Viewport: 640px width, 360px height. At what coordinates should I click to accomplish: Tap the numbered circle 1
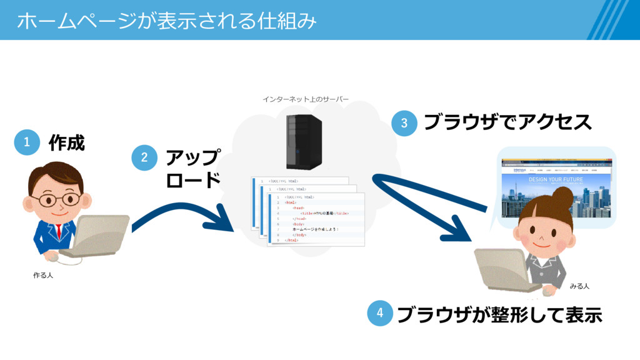[x=27, y=142]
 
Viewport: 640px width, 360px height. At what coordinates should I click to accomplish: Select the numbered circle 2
[x=144, y=157]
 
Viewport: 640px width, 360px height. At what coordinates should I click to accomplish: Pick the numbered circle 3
[x=404, y=123]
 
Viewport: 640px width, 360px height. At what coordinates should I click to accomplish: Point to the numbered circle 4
[x=379, y=314]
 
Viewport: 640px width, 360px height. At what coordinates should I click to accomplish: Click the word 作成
[x=66, y=143]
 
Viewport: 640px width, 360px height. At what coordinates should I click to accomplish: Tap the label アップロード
[x=193, y=169]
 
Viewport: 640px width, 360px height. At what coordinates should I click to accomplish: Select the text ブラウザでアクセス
[x=507, y=122]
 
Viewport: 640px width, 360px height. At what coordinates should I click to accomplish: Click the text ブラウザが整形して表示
[x=499, y=315]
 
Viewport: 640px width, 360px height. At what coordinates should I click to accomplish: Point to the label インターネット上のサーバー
[x=306, y=99]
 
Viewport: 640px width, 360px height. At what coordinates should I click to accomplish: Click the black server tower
[x=304, y=141]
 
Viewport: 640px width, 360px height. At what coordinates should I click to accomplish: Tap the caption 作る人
[x=43, y=275]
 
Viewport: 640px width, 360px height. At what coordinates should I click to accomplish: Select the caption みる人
[x=579, y=286]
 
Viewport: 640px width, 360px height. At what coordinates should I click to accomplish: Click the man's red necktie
[x=59, y=231]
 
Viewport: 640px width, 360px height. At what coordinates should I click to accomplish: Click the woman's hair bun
[x=562, y=198]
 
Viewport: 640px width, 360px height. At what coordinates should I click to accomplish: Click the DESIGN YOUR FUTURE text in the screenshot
[x=556, y=179]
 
